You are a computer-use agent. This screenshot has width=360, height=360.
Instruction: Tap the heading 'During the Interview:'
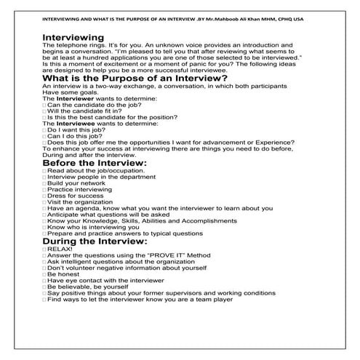95,241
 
